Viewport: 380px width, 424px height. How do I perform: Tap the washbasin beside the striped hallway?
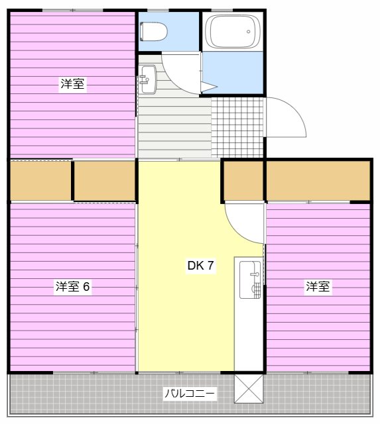pyautogui.click(x=147, y=79)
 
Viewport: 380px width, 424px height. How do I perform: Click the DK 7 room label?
pyautogui.click(x=200, y=266)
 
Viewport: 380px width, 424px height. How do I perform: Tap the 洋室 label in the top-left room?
pyautogui.click(x=72, y=84)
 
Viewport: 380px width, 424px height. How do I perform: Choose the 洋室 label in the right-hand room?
pyautogui.click(x=318, y=287)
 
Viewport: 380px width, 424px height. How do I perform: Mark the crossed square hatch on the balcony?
pyautogui.click(x=249, y=389)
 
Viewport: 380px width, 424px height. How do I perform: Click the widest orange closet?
pyautogui.click(x=318, y=180)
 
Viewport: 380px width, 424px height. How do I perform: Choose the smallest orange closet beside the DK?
pyautogui.click(x=243, y=180)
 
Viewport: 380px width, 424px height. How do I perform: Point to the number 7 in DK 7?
pyautogui.click(x=210, y=266)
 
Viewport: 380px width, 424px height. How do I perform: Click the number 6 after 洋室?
pyautogui.click(x=87, y=287)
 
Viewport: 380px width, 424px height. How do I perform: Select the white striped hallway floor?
pyautogui.click(x=174, y=126)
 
